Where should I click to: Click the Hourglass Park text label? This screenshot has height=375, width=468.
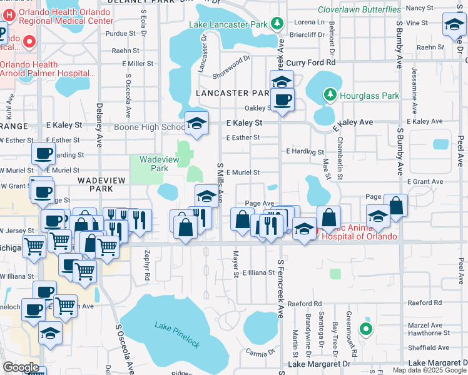point(369,96)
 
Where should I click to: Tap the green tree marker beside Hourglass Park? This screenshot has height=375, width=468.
point(330,95)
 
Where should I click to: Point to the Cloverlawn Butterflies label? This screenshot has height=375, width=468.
point(359,9)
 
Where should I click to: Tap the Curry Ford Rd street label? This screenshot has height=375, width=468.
point(315,62)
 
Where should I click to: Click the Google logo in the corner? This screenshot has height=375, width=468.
point(20,367)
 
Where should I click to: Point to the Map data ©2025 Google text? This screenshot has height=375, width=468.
point(429,370)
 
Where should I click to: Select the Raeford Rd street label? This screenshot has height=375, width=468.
point(313,303)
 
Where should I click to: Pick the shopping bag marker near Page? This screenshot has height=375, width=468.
point(395,206)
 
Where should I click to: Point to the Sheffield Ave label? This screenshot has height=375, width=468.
point(428,347)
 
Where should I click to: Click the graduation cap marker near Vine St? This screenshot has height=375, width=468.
point(453,26)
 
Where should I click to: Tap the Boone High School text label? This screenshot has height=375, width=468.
point(150,127)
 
